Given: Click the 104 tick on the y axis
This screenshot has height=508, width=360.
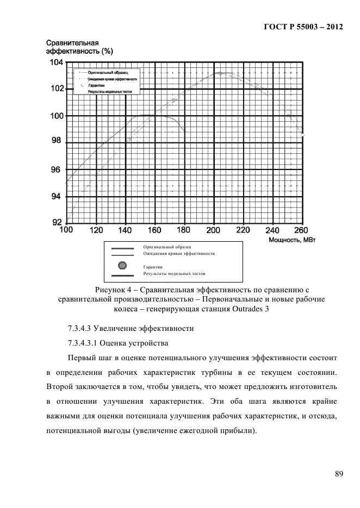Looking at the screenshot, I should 56,62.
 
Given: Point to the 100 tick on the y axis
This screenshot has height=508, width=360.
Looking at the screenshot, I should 56,116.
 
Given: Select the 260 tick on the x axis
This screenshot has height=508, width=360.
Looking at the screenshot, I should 301,229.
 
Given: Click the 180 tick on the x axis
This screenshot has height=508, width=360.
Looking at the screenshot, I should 184,229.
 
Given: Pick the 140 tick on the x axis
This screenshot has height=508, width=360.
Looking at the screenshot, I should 126,229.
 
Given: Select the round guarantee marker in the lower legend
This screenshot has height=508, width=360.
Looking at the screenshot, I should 122,265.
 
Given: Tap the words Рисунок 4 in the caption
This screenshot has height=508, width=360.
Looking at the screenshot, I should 115,289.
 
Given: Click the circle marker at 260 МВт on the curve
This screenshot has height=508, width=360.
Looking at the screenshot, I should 303,134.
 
